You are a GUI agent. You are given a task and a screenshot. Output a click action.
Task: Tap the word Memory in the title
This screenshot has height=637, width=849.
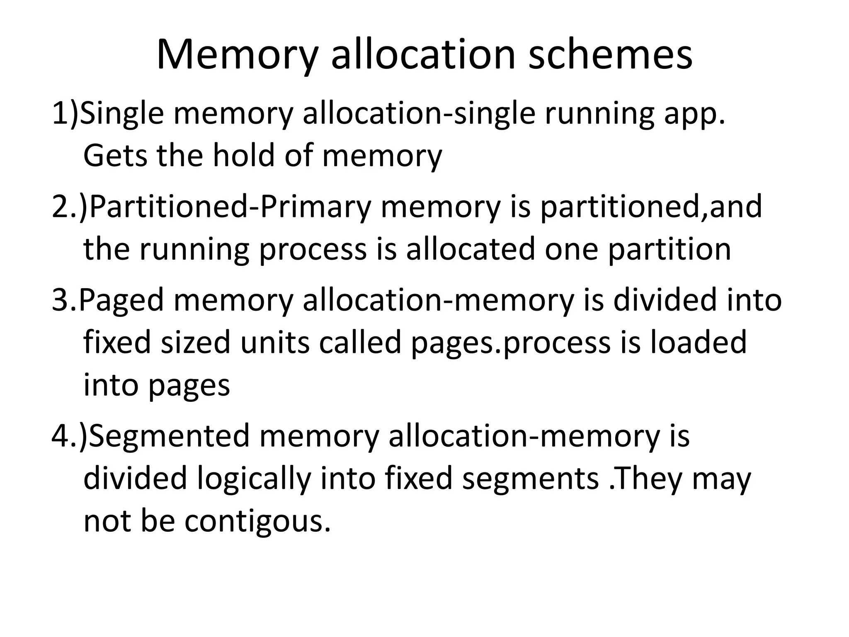(x=237, y=55)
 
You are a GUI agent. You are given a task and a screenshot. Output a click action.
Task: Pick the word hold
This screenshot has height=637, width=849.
(x=244, y=155)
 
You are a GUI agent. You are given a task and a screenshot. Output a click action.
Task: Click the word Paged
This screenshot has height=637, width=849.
(x=121, y=300)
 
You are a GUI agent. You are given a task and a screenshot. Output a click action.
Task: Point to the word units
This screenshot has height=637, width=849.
(x=275, y=343)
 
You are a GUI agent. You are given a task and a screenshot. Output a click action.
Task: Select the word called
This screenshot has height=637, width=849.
(x=359, y=343)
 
